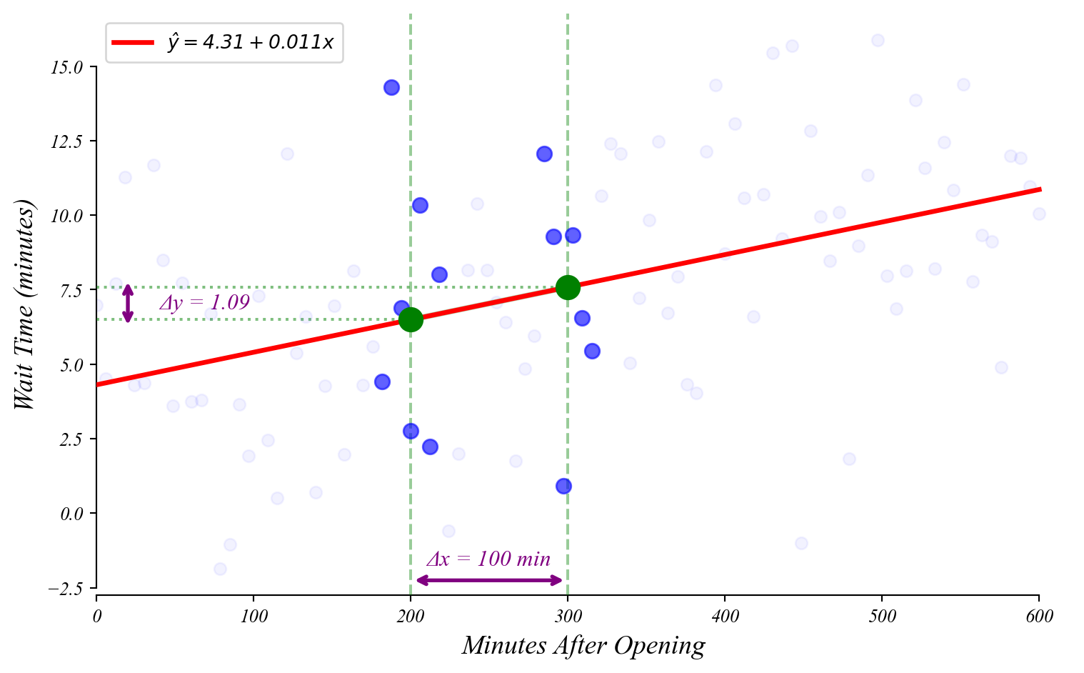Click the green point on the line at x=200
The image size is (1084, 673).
pos(411,319)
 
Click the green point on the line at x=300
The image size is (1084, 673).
pos(568,287)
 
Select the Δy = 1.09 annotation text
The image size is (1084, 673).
pos(204,303)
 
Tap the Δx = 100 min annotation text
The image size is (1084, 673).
pos(488,559)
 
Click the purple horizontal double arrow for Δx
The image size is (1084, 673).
pos(489,580)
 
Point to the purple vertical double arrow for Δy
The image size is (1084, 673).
pos(128,304)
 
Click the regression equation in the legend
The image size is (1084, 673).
pos(251,42)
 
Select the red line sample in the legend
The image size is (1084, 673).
pos(134,43)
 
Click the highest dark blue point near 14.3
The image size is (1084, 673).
pos(391,87)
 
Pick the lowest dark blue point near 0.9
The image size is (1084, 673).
pos(563,486)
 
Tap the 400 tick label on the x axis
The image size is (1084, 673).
pos(725,616)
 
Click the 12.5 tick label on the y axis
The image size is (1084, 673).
pos(66,141)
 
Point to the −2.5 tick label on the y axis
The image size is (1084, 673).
pos(64,588)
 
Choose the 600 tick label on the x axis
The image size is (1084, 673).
pos(1038,616)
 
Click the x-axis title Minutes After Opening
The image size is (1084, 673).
pos(583,646)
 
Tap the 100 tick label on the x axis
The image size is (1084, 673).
pos(254,616)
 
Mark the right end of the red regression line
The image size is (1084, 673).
pos(1040,189)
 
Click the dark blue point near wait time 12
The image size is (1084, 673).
pos(544,154)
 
